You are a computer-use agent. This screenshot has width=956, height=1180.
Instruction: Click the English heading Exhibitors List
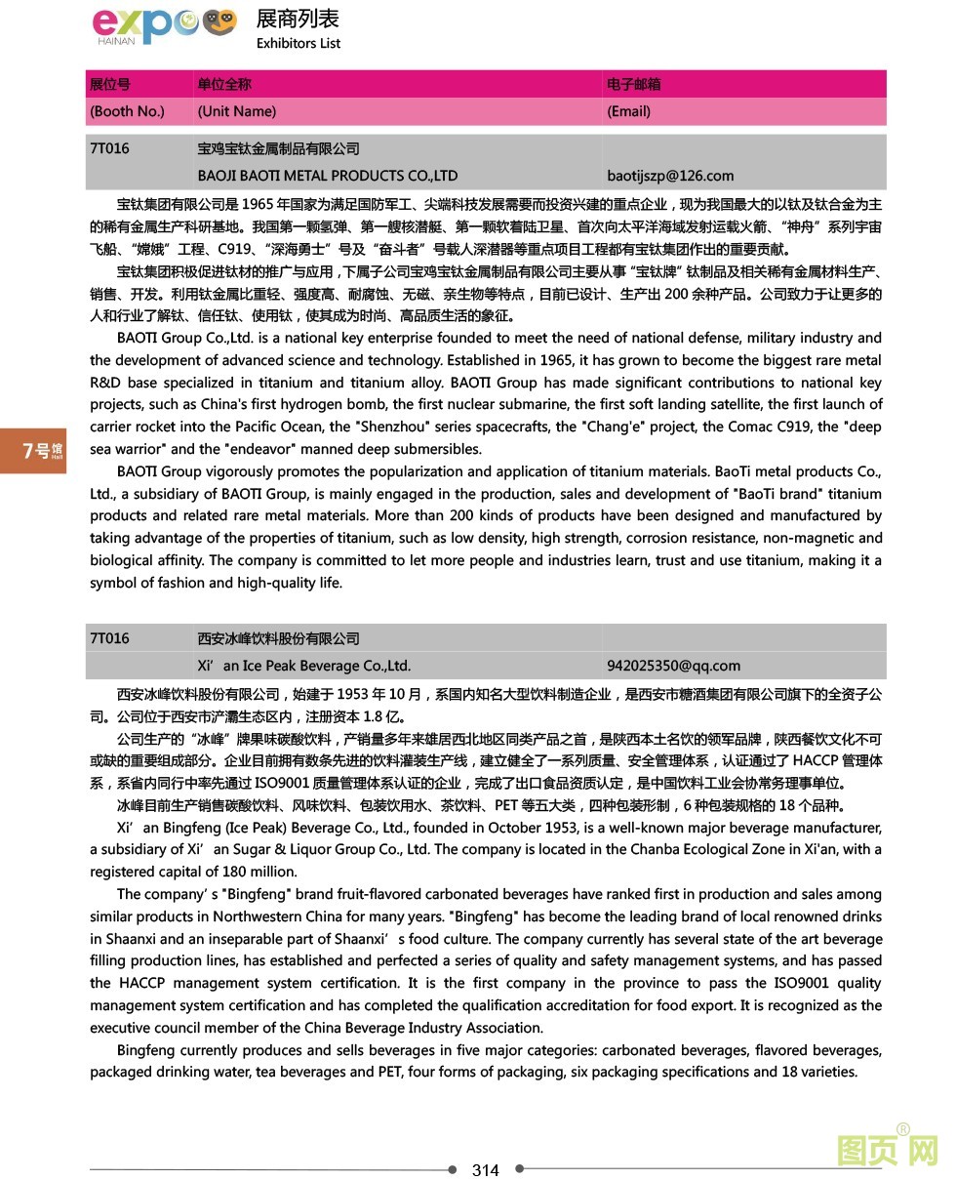[x=299, y=43]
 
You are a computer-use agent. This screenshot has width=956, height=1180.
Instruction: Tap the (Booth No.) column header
[x=127, y=111]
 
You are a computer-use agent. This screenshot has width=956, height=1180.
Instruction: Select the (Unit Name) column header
[x=236, y=111]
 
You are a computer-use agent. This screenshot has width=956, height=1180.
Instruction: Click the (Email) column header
[x=628, y=111]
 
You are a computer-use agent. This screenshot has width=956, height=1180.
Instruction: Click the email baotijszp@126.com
[x=670, y=176]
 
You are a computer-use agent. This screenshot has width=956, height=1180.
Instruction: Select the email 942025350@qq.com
[x=673, y=666]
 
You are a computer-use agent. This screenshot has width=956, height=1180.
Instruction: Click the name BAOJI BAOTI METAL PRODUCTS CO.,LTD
[x=327, y=176]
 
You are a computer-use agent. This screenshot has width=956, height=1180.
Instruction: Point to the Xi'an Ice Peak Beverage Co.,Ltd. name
[x=303, y=666]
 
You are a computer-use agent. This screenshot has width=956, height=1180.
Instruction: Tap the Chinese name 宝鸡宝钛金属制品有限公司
[x=278, y=148]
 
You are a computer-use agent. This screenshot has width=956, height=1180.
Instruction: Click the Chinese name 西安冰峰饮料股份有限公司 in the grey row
[x=278, y=638]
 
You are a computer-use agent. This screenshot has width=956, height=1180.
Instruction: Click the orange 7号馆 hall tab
[x=33, y=450]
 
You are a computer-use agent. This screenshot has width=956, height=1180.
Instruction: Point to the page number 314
[x=485, y=1170]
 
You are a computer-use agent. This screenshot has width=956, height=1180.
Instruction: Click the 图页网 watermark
[x=887, y=1150]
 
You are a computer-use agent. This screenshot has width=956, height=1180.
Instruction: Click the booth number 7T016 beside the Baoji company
[x=109, y=148]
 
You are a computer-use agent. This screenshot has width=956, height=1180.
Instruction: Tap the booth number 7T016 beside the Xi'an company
[x=109, y=638]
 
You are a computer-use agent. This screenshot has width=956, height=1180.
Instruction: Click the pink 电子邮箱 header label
[x=633, y=84]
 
